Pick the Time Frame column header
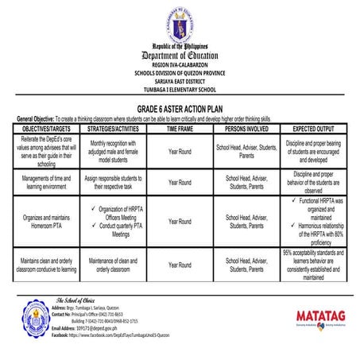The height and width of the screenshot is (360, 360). pyautogui.click(x=180, y=127)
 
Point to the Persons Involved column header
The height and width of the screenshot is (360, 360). pyautogui.click(x=246, y=127)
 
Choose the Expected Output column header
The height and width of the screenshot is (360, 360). pyautogui.click(x=312, y=127)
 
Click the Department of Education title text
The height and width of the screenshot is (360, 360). pyautogui.click(x=179, y=56)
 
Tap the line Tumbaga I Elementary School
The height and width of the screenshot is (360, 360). pyautogui.click(x=179, y=90)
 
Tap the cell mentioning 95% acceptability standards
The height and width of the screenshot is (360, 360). pyautogui.click(x=312, y=265)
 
